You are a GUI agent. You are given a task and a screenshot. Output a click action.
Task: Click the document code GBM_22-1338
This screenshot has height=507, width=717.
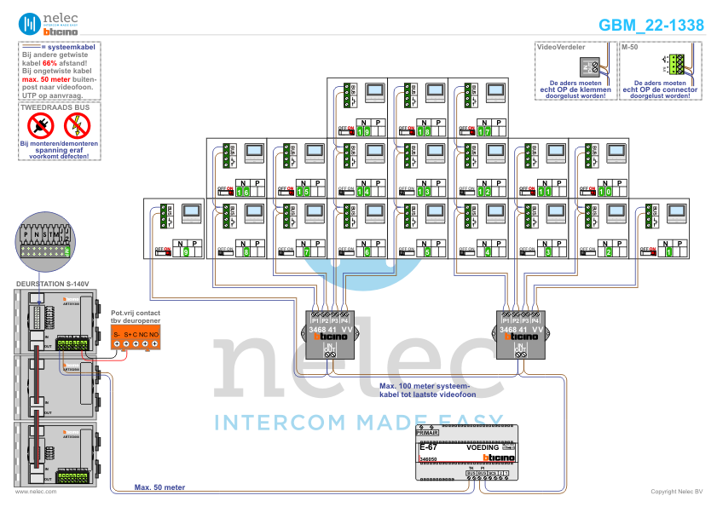tap(651, 25)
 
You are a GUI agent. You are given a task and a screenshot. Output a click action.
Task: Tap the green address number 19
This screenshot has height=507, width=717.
tap(364, 132)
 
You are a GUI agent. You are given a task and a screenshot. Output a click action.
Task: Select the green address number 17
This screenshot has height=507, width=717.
tap(485, 132)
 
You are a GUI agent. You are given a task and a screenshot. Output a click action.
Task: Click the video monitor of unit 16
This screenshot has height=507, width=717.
tap(254, 153)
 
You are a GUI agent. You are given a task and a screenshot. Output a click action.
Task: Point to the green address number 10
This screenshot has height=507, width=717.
tap(606, 192)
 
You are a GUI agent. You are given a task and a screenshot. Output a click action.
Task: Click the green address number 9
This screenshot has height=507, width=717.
tap(187, 252)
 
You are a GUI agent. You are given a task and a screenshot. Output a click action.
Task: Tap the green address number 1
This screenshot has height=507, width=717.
tap(669, 252)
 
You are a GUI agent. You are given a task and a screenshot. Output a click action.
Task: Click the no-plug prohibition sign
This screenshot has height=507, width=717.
tap(40, 126)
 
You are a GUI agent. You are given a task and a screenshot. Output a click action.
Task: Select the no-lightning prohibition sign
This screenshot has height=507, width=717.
tap(77, 126)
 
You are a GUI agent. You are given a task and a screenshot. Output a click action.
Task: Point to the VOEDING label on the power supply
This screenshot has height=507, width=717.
tap(483, 447)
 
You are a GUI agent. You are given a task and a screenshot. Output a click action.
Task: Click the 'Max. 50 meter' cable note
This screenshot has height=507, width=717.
tap(159, 487)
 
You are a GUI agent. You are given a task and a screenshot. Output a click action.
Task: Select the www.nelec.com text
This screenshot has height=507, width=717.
tap(36, 492)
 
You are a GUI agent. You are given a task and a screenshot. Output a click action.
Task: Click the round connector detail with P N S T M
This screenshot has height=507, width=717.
tap(43, 238)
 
